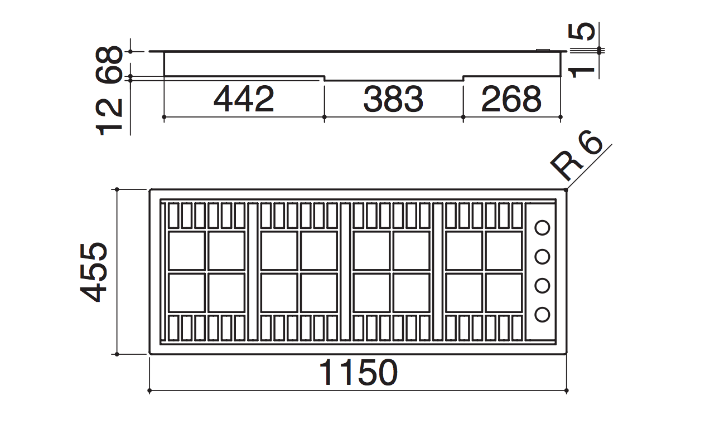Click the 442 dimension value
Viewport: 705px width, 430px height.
pyautogui.click(x=244, y=99)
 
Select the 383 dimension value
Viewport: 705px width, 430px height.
pyautogui.click(x=393, y=99)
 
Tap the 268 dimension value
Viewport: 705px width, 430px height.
pyautogui.click(x=511, y=99)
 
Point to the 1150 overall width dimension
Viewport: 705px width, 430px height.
pyautogui.click(x=358, y=373)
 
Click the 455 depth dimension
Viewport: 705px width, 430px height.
pyautogui.click(x=92, y=271)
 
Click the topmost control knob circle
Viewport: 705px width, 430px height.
pyautogui.click(x=542, y=228)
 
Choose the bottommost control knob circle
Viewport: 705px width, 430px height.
pyautogui.click(x=542, y=315)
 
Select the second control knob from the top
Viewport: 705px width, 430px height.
pyautogui.click(x=542, y=257)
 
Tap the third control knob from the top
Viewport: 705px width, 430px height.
pyautogui.click(x=542, y=286)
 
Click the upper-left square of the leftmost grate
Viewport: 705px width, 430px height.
pyautogui.click(x=186, y=251)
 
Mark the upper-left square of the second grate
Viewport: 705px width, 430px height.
pyautogui.click(x=279, y=251)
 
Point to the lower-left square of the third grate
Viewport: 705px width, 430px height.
pyautogui.click(x=371, y=292)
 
